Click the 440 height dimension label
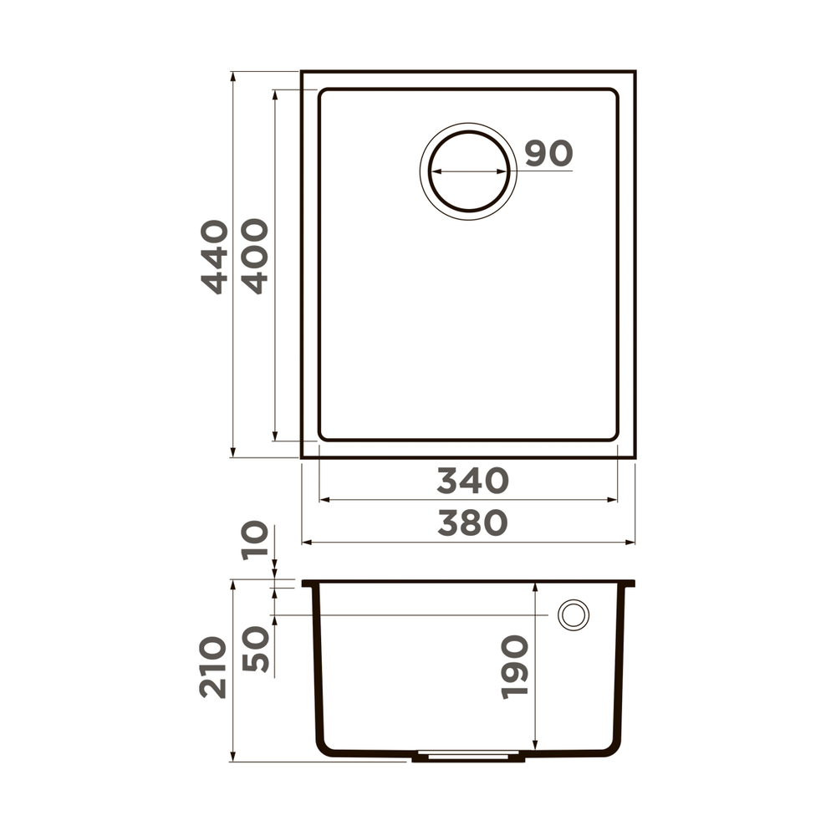(x=214, y=257)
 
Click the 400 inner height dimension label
(x=254, y=257)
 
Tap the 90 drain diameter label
(x=548, y=153)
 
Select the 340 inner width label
(x=472, y=481)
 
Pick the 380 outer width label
(x=472, y=523)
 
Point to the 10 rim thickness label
(x=255, y=541)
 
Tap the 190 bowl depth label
(x=515, y=666)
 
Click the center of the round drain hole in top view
(x=468, y=171)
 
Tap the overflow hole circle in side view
(x=573, y=614)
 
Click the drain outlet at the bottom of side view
(x=468, y=757)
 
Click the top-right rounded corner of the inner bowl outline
(x=614, y=93)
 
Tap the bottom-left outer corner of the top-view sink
(x=303, y=456)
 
